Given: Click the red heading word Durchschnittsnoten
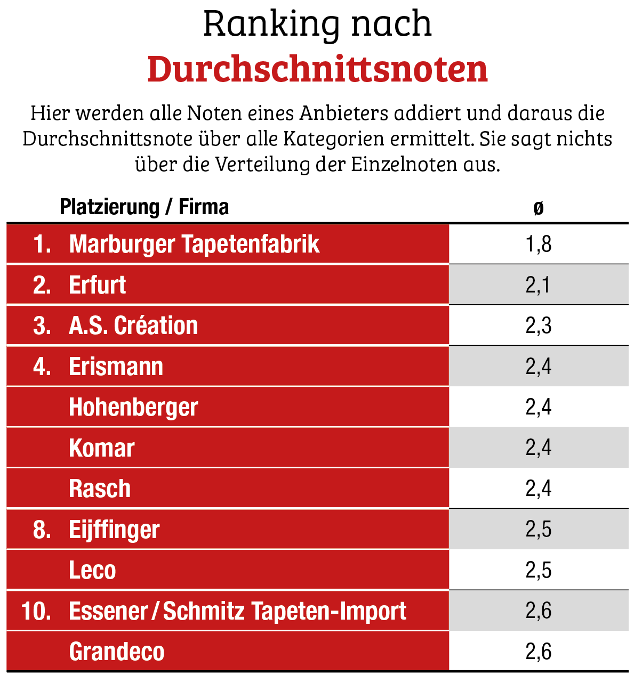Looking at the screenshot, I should pyautogui.click(x=317, y=69).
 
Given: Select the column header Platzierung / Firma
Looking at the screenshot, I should pyautogui.click(x=144, y=207).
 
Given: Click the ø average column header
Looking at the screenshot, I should pyautogui.click(x=539, y=207).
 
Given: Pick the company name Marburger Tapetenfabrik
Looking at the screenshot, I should pyautogui.click(x=194, y=244).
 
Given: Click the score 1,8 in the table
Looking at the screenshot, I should pyautogui.click(x=539, y=244).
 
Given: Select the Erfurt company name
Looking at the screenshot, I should pyautogui.click(x=98, y=285).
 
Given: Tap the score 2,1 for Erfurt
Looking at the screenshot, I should pyautogui.click(x=539, y=285).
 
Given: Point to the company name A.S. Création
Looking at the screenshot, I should pyautogui.click(x=133, y=326).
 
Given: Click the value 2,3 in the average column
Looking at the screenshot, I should pyautogui.click(x=539, y=326).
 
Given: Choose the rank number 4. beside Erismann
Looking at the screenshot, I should pyautogui.click(x=42, y=367).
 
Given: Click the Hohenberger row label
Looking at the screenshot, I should pyautogui.click(x=133, y=407).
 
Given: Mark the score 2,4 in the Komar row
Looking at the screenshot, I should pyautogui.click(x=539, y=448).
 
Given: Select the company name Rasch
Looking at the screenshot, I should pyautogui.click(x=100, y=489).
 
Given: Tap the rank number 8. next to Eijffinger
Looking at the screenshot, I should pyautogui.click(x=42, y=530).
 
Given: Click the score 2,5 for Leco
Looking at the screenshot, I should pyautogui.click(x=539, y=570).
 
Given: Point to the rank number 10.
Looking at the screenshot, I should pyautogui.click(x=36, y=611).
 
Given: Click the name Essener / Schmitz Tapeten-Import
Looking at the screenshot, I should pyautogui.click(x=237, y=611).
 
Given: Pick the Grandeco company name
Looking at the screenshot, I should pyautogui.click(x=117, y=652).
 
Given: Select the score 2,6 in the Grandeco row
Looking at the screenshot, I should pyautogui.click(x=539, y=652).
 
